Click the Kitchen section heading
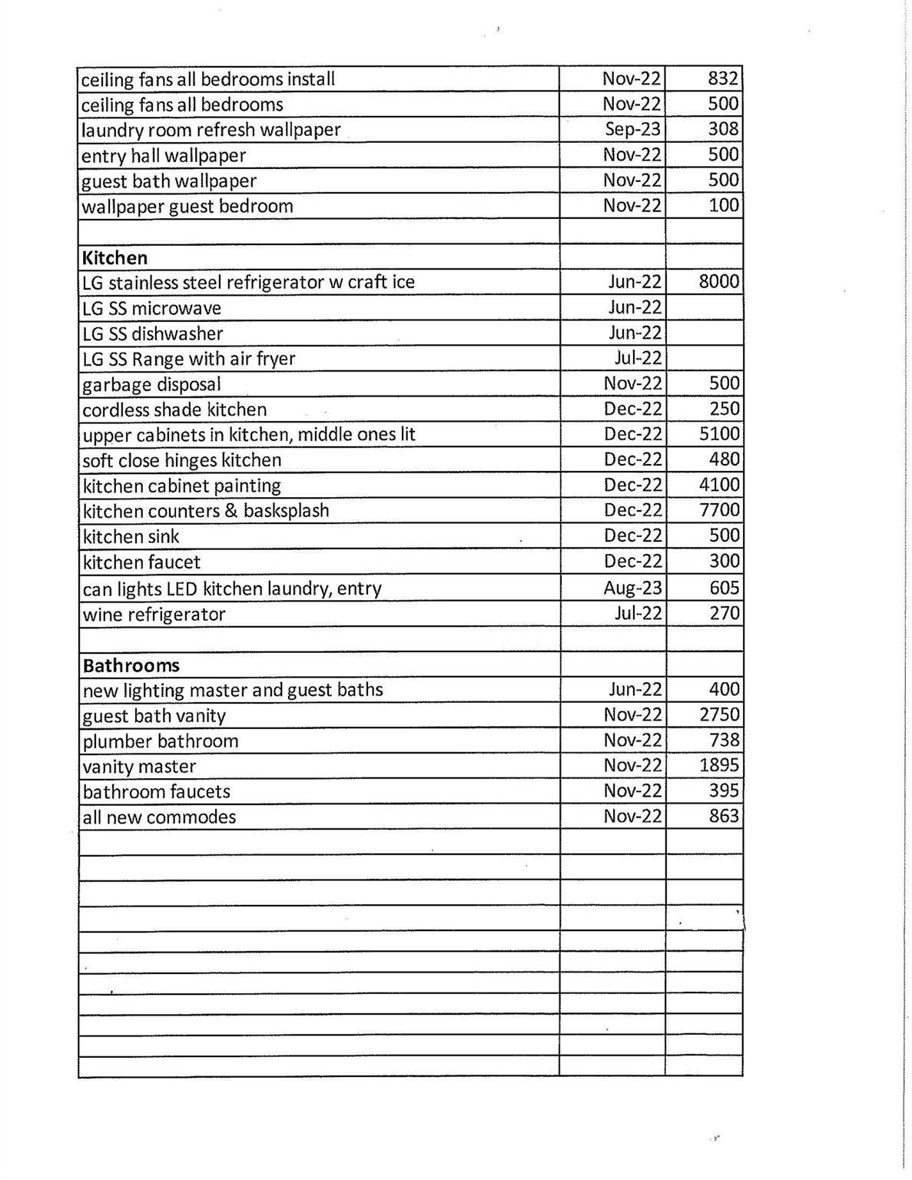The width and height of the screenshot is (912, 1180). tap(114, 257)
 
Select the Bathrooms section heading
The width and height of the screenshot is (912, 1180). tap(131, 665)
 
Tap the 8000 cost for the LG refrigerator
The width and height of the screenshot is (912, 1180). tap(718, 281)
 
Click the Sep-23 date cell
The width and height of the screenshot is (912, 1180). tap(632, 129)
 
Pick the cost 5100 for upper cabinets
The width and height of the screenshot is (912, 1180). tap(719, 434)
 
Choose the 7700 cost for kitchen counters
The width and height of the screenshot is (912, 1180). tap(719, 510)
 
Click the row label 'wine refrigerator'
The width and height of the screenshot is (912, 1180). tap(154, 615)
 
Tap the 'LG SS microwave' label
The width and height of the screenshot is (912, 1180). tap(151, 308)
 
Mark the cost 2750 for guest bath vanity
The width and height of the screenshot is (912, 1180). tap(719, 714)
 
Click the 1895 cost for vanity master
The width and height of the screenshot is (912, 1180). tap(719, 765)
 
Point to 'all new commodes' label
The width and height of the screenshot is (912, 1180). tap(159, 817)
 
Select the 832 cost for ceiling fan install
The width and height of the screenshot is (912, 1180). tap(723, 78)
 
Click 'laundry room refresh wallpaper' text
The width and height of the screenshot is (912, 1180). tap(211, 130)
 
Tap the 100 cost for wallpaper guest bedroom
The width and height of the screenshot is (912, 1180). tap(724, 205)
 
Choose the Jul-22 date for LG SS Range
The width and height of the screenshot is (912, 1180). tap(638, 358)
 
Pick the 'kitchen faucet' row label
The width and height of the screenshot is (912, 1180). tap(141, 562)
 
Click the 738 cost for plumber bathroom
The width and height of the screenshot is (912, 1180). tap(724, 740)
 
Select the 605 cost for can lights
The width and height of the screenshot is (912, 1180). tap(724, 588)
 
